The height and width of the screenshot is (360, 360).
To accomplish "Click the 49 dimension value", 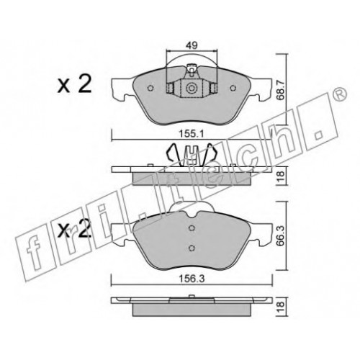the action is [x=192, y=45].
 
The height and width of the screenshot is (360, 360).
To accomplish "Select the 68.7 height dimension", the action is [x=280, y=90].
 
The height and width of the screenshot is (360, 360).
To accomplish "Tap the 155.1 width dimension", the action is [x=192, y=134].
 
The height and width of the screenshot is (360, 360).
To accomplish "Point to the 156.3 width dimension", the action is [x=192, y=279].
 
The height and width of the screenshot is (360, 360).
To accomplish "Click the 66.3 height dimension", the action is [x=280, y=236].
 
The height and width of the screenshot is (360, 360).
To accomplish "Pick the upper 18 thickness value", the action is [x=280, y=176].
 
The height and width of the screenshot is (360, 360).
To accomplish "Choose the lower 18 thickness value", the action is [x=280, y=307].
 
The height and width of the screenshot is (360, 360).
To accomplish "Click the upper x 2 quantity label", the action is [x=75, y=84].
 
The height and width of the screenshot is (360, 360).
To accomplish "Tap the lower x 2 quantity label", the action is [x=75, y=228].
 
